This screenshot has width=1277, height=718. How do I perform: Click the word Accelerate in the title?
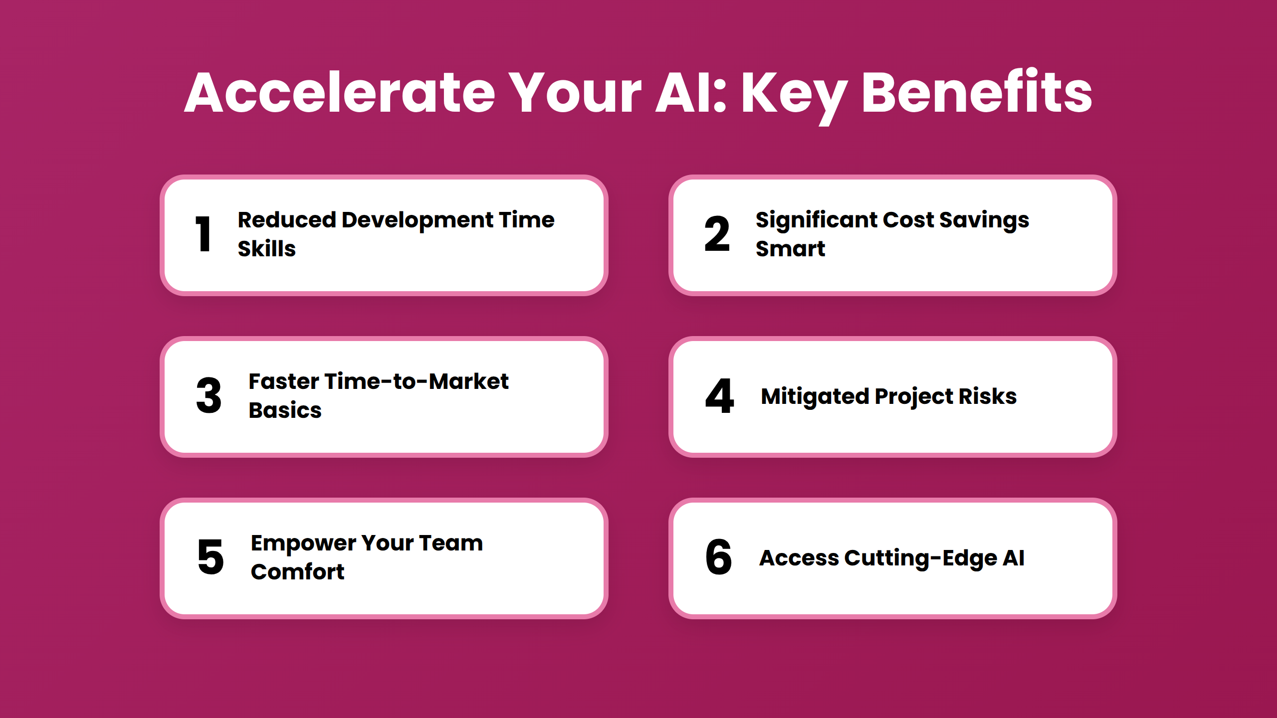[340, 93]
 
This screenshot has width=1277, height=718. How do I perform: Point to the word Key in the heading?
[795, 98]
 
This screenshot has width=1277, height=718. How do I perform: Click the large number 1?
[203, 234]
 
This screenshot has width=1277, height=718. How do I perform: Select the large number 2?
[717, 234]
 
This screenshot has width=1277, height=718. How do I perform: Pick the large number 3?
[209, 395]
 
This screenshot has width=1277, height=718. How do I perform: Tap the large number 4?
[719, 395]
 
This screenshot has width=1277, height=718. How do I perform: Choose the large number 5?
[211, 557]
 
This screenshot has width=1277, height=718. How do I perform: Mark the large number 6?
[718, 557]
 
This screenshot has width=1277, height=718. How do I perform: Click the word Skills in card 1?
[267, 248]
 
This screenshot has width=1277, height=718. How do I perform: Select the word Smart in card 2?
[791, 248]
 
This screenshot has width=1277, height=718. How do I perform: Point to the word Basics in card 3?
[285, 410]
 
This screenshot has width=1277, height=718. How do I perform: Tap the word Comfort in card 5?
[298, 571]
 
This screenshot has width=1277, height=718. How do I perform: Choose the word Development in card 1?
[418, 220]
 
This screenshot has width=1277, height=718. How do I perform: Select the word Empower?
[304, 543]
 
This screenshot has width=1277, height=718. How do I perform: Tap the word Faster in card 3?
[284, 381]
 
